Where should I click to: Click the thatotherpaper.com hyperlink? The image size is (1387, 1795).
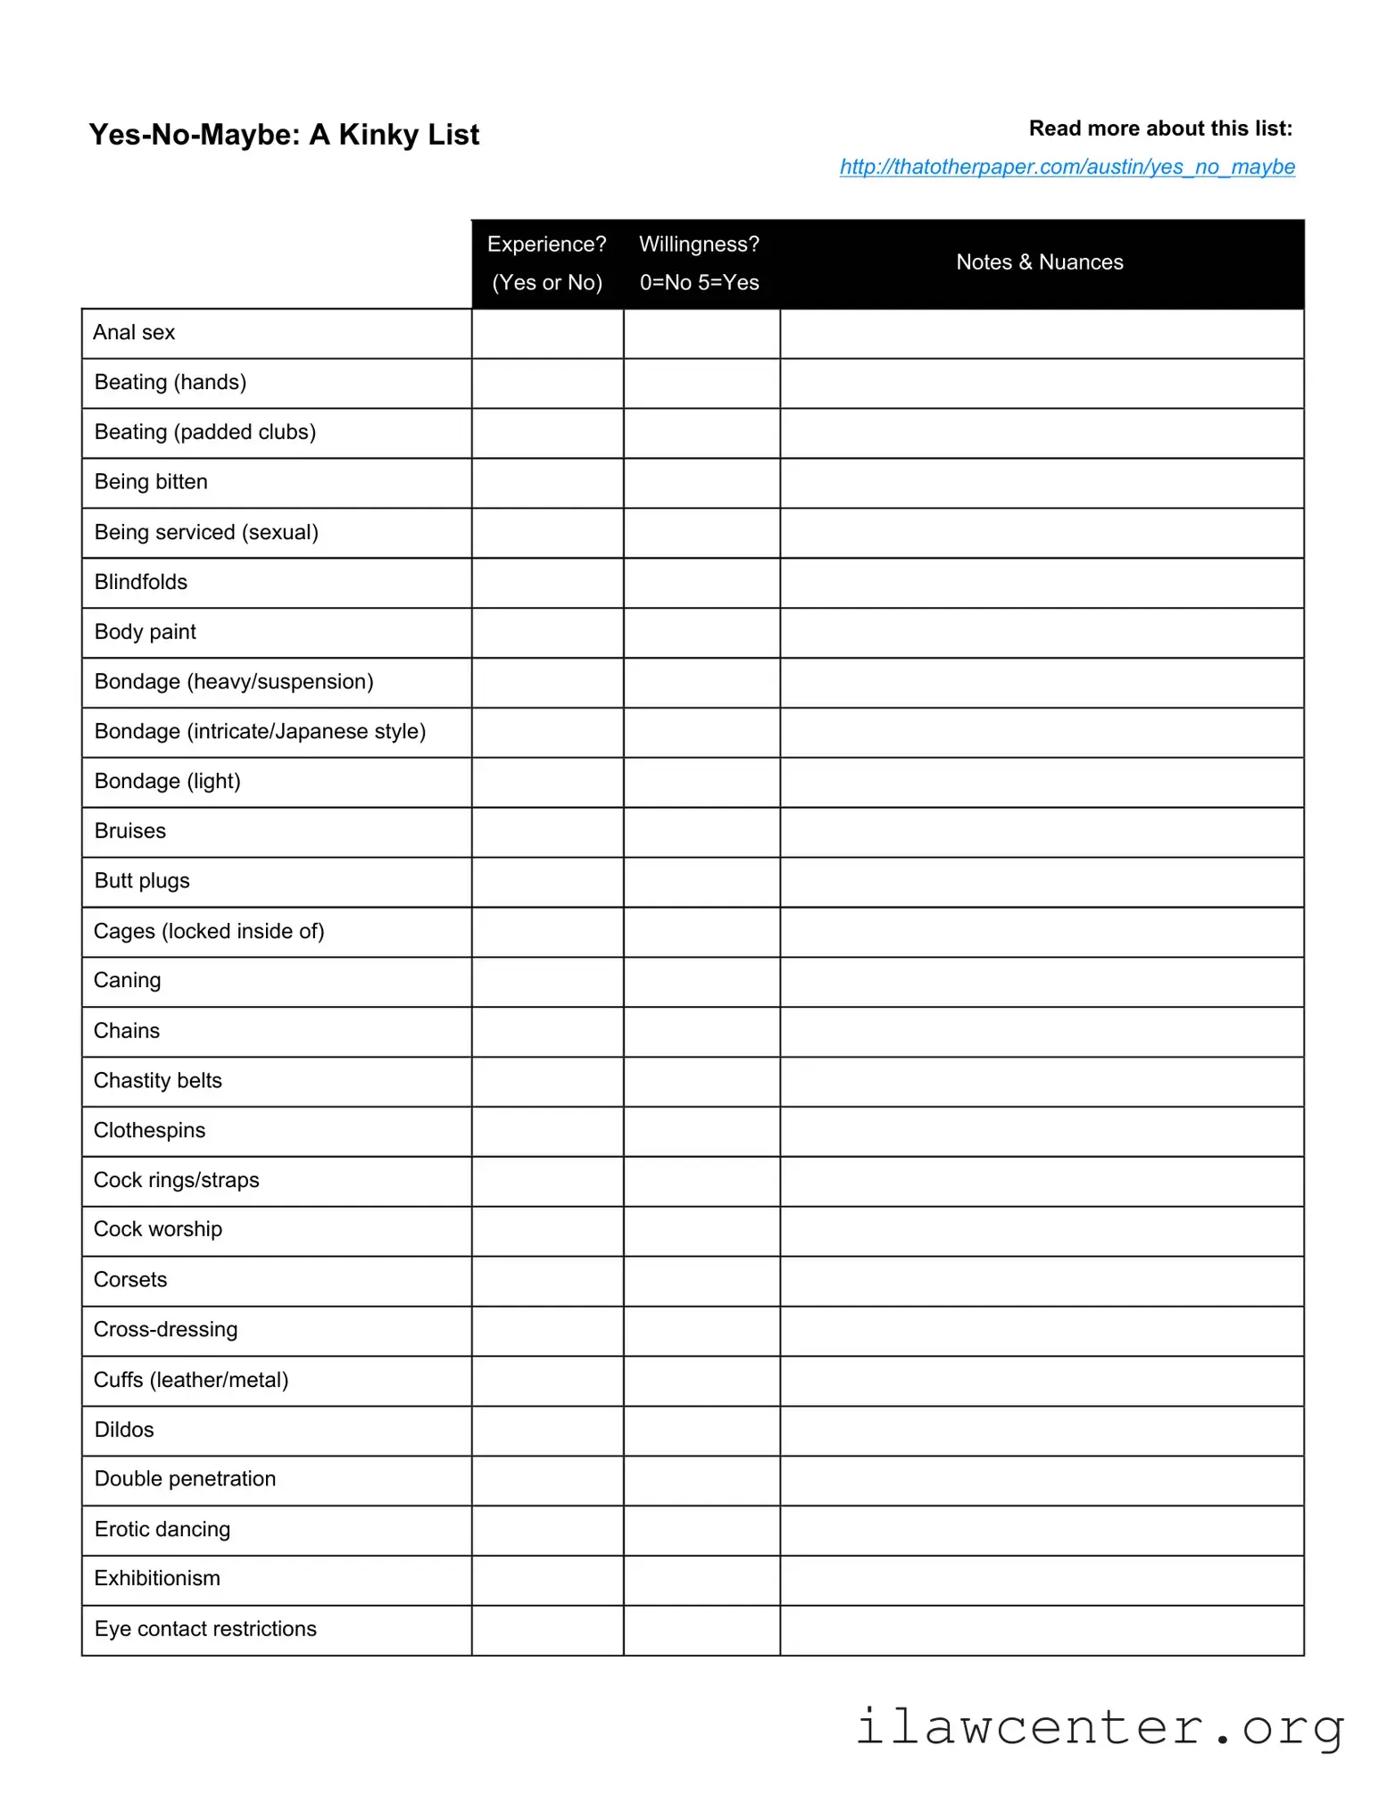[1067, 167]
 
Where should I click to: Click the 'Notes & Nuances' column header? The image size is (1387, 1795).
[1039, 262]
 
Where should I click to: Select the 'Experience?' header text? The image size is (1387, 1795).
[546, 245]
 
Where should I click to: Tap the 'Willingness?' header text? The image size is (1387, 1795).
[699, 245]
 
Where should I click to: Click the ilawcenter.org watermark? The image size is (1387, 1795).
[1099, 1728]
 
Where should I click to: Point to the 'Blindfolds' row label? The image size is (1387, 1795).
[141, 582]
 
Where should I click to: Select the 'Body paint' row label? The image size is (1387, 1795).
[145, 632]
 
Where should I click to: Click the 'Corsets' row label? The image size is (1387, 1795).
[130, 1280]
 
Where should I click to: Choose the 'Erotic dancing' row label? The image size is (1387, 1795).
[162, 1529]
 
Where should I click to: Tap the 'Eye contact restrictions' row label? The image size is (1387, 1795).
[205, 1629]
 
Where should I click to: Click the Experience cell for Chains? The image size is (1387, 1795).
[547, 1032]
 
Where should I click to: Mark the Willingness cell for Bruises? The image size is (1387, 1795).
[702, 832]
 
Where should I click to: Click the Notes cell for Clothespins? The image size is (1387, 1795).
[1042, 1131]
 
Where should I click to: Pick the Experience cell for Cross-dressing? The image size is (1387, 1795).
[547, 1331]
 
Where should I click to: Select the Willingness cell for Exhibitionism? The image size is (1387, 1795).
[702, 1580]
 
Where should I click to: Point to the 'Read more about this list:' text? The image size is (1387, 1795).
[1159, 129]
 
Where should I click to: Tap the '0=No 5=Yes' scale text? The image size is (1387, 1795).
[699, 283]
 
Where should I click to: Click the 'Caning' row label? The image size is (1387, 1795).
[128, 981]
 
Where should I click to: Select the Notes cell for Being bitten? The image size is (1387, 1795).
[1042, 483]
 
